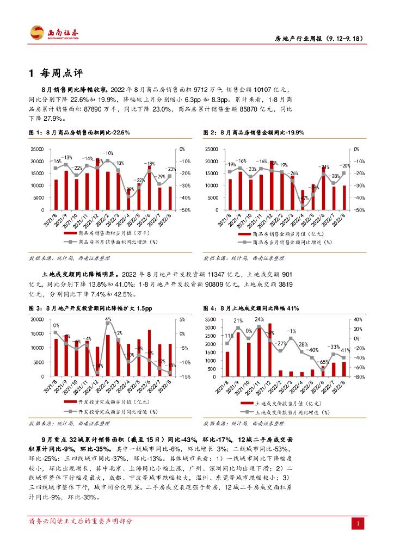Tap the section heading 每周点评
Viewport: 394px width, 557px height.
(60, 73)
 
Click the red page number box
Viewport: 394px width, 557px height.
(358, 523)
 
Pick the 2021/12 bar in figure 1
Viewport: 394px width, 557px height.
(97, 184)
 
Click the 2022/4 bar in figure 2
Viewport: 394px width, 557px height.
(303, 200)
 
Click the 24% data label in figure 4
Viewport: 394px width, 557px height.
(259, 319)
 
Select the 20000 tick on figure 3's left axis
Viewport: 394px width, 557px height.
(38, 319)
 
